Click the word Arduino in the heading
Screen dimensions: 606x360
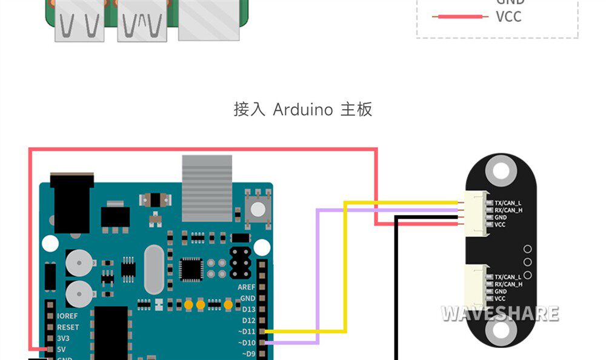pyautogui.click(x=302, y=110)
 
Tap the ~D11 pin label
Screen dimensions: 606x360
pyautogui.click(x=248, y=332)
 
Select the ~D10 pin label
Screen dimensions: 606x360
pyautogui.click(x=248, y=342)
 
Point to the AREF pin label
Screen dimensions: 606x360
pyautogui.click(x=246, y=287)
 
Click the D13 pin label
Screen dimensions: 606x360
pyautogui.click(x=248, y=309)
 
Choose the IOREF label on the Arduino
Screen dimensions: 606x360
pyautogui.click(x=67, y=316)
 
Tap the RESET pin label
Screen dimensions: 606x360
pyautogui.click(x=68, y=327)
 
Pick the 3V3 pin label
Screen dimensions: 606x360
pyautogui.click(x=63, y=338)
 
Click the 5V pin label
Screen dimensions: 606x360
pyautogui.click(x=61, y=350)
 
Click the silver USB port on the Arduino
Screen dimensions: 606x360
pyautogui.click(x=207, y=188)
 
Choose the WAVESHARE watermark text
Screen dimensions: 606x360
pyautogui.click(x=499, y=313)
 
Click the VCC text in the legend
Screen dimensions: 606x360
pyautogui.click(x=508, y=17)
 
